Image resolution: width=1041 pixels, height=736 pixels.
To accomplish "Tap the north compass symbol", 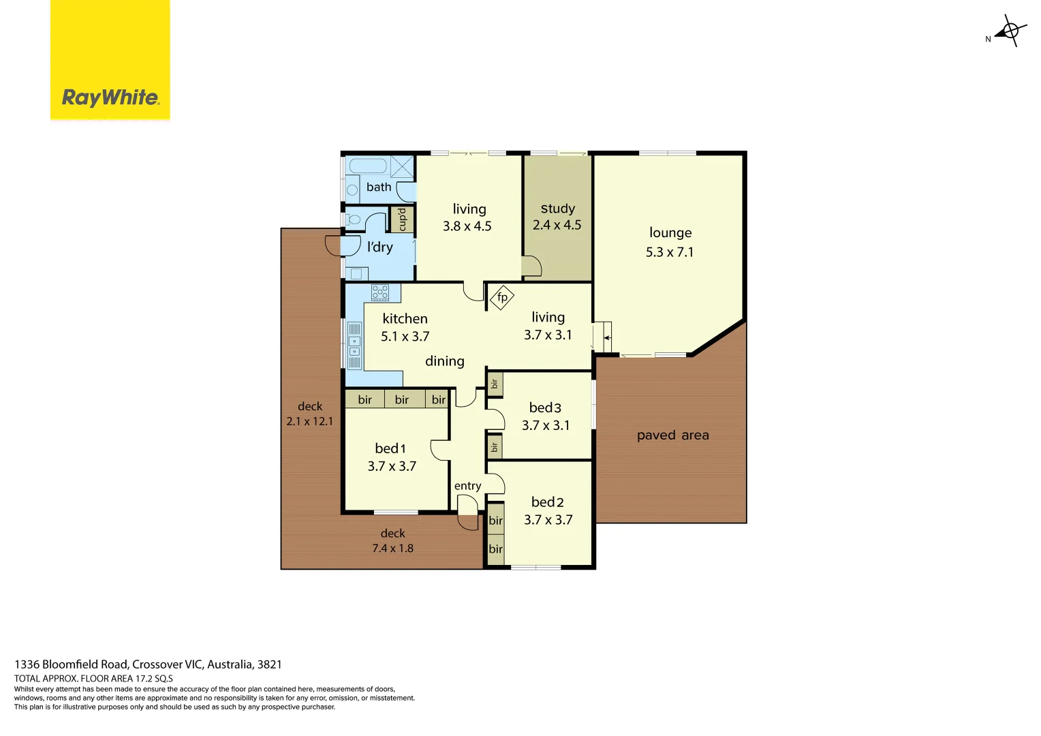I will click(1010, 31).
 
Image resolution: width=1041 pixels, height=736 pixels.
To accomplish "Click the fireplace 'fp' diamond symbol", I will click(502, 297).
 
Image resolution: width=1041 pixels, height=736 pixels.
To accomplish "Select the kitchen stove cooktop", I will click(380, 293).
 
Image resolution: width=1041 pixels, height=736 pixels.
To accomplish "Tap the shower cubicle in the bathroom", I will click(402, 167).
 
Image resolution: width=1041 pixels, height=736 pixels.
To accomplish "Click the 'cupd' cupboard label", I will click(402, 219).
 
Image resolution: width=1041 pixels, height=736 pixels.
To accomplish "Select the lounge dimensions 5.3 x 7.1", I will click(669, 252).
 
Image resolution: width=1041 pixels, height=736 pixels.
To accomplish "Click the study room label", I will click(557, 209).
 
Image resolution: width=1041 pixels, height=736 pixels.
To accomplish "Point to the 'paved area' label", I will click(672, 435).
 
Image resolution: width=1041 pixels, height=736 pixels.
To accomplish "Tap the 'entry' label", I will click(467, 486).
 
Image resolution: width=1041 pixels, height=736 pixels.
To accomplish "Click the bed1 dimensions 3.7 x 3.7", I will click(392, 466).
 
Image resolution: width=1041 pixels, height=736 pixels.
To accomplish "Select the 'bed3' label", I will click(545, 408).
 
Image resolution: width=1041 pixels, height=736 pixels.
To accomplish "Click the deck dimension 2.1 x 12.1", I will click(310, 421).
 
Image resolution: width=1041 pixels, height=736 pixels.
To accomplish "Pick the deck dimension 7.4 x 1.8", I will click(392, 548).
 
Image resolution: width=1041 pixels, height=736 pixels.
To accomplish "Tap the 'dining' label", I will click(444, 361).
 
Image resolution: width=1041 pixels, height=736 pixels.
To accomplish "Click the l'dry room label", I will click(379, 247).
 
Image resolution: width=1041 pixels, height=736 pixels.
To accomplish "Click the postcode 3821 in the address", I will click(269, 664).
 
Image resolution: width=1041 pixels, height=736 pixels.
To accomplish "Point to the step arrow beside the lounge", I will click(606, 337).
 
